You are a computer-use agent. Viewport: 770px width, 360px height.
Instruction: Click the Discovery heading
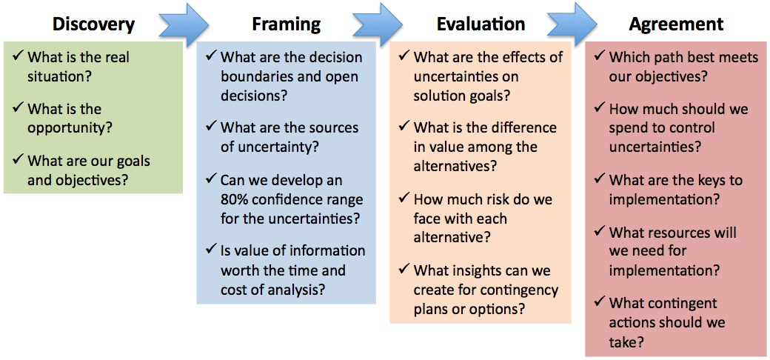[93, 24]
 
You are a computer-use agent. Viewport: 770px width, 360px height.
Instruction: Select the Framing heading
[287, 24]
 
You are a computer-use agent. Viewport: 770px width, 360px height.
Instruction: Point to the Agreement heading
[676, 24]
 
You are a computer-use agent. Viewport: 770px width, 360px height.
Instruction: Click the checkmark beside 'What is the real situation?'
[19, 56]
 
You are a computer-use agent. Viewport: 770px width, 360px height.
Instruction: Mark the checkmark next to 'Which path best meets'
[600, 56]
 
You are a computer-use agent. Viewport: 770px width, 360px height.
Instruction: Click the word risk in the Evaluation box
[493, 200]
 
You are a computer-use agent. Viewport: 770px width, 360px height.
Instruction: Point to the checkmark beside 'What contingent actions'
[600, 302]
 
